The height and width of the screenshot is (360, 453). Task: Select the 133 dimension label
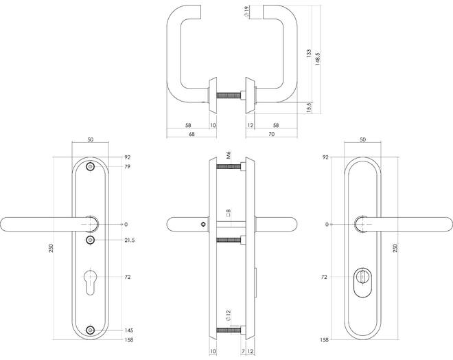tap(309, 54)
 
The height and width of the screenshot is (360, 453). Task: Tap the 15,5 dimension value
tap(309, 107)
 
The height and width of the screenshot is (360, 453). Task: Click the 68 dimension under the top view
tap(191, 134)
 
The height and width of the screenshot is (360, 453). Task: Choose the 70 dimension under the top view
tap(272, 134)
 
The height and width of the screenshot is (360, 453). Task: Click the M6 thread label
tap(229, 155)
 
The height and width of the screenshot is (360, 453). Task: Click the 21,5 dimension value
tap(130, 240)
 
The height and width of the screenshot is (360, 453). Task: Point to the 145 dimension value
tap(128, 330)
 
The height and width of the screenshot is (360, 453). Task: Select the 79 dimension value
tap(127, 166)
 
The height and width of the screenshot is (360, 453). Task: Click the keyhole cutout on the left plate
tap(91, 282)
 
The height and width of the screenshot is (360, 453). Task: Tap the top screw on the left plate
tap(91, 167)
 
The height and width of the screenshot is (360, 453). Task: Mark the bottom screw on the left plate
tap(91, 330)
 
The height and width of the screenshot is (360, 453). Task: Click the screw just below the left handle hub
tap(91, 240)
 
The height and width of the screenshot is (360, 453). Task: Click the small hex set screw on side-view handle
tap(204, 224)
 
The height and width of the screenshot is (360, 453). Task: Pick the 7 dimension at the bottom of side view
tap(243, 351)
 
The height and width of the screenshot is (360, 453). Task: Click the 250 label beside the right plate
tap(395, 248)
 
